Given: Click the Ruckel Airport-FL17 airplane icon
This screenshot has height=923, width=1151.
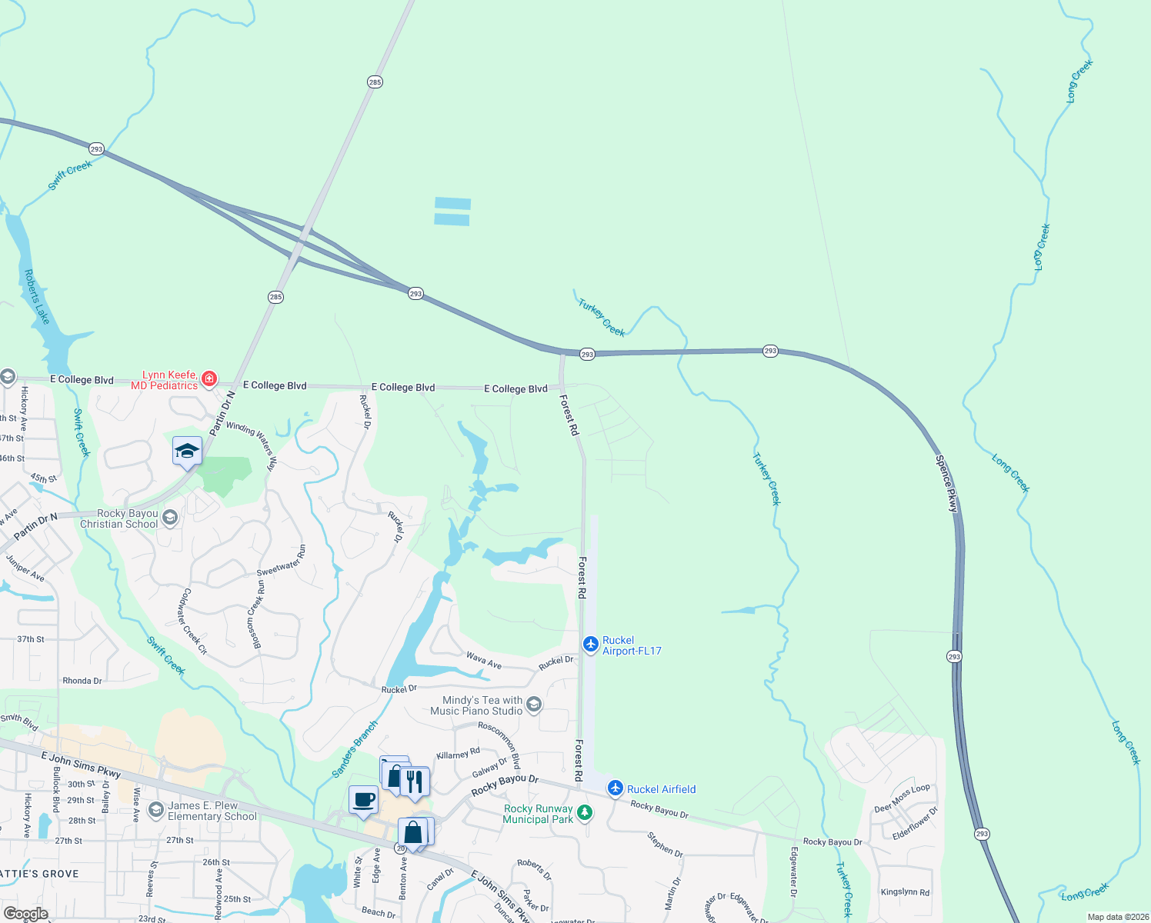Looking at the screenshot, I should pyautogui.click(x=590, y=644).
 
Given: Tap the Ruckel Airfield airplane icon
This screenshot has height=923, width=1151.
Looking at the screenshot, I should pyautogui.click(x=615, y=788).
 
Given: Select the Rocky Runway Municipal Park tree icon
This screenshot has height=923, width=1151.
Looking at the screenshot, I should pyautogui.click(x=585, y=812).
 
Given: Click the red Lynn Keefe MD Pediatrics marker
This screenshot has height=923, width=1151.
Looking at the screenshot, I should pyautogui.click(x=209, y=378).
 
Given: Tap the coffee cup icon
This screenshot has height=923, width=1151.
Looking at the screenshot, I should pyautogui.click(x=364, y=799).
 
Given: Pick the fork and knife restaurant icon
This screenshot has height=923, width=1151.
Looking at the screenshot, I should pyautogui.click(x=415, y=781).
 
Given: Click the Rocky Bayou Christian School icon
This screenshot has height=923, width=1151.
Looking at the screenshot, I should pyautogui.click(x=171, y=518).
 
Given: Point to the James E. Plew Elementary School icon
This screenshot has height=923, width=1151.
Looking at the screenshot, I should pyautogui.click(x=156, y=810).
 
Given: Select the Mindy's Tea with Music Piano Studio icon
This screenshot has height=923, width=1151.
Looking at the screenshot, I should pyautogui.click(x=534, y=705).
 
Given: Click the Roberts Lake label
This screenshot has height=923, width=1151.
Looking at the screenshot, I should pyautogui.click(x=37, y=297).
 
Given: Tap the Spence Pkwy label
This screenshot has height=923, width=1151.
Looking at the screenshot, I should pyautogui.click(x=947, y=484).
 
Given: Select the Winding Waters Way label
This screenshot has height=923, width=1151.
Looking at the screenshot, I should pyautogui.click(x=251, y=445).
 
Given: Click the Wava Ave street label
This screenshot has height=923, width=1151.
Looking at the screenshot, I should pyautogui.click(x=484, y=660).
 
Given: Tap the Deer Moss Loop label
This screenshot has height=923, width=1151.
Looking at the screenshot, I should pyautogui.click(x=902, y=798).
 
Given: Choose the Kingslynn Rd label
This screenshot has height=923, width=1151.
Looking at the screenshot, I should pyautogui.click(x=905, y=892).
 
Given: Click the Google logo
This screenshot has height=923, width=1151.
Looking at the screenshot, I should pyautogui.click(x=25, y=914).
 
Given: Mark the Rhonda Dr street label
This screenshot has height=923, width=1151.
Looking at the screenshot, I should pyautogui.click(x=82, y=681).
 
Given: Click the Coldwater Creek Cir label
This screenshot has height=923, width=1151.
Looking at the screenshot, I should pyautogui.click(x=192, y=621).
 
